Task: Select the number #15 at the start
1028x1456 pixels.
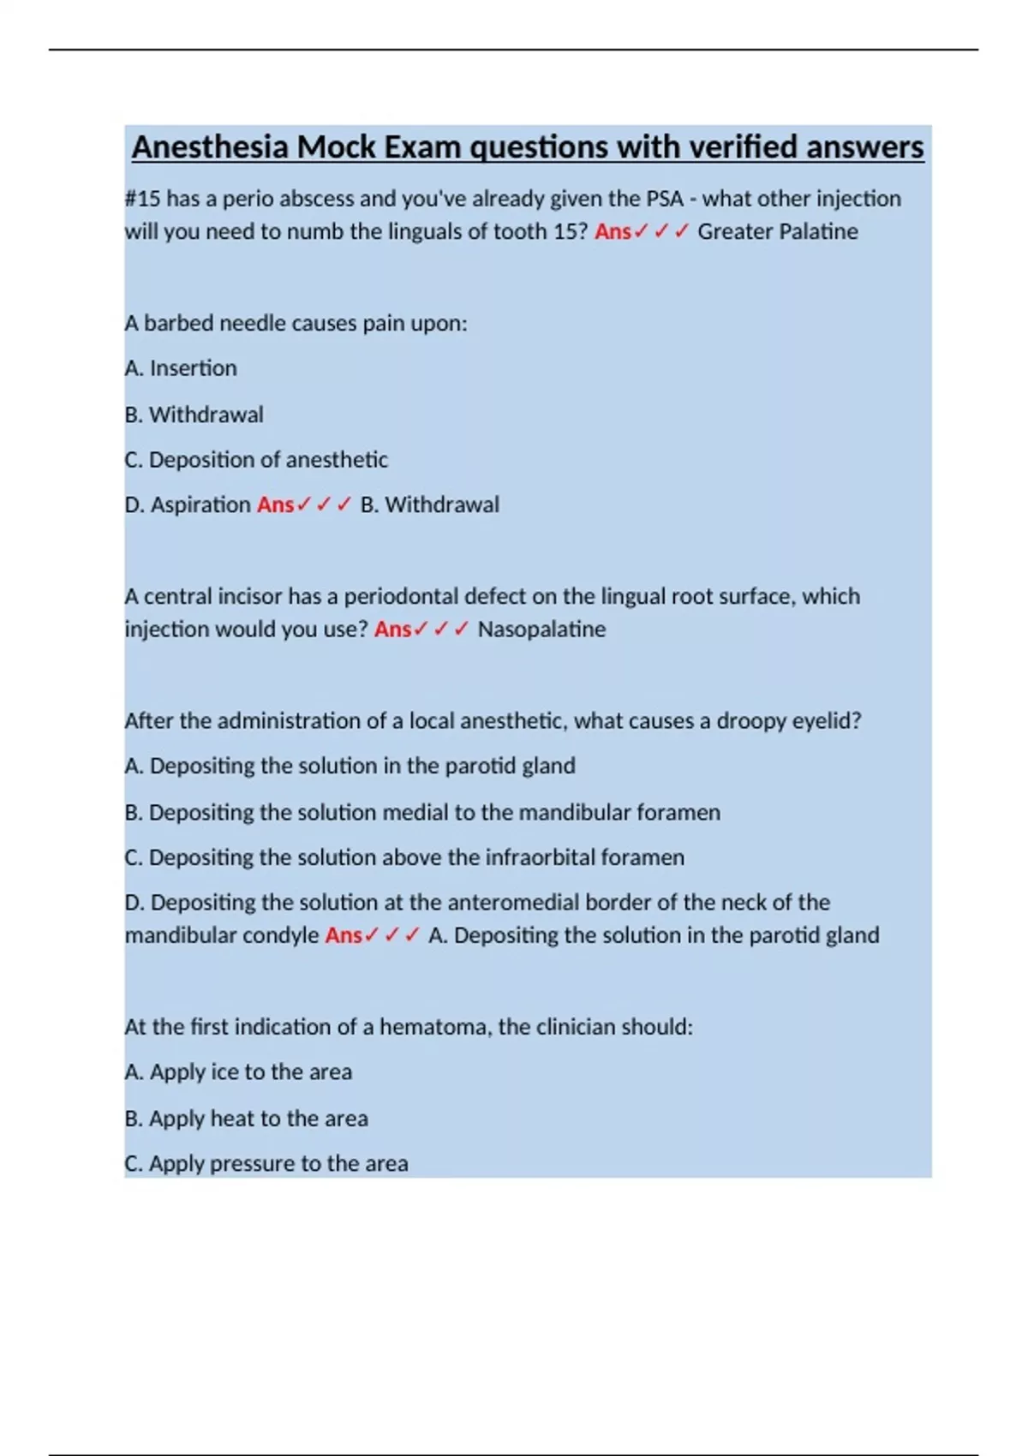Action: pyautogui.click(x=142, y=199)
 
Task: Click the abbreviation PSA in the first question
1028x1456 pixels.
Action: pyautogui.click(x=665, y=199)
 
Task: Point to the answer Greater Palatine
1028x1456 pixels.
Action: pyautogui.click(x=777, y=231)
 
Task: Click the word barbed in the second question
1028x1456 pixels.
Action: pyautogui.click(x=178, y=324)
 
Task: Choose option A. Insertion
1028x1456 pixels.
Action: pyautogui.click(x=181, y=368)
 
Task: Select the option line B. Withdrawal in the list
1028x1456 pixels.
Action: pyautogui.click(x=194, y=415)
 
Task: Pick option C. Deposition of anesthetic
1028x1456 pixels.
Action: pyautogui.click(x=256, y=460)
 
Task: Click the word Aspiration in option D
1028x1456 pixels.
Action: pyautogui.click(x=200, y=505)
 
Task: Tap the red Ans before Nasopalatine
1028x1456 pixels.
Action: pyautogui.click(x=392, y=630)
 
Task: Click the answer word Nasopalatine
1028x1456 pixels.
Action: pyautogui.click(x=541, y=630)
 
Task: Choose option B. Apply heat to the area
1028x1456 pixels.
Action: pyautogui.click(x=246, y=1119)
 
